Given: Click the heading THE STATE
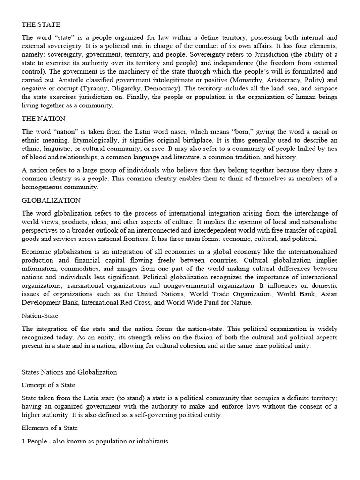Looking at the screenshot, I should (x=41, y=24).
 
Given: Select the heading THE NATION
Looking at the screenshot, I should (x=44, y=119).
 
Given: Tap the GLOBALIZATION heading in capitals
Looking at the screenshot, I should (x=51, y=200).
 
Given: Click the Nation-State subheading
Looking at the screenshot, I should (x=40, y=316).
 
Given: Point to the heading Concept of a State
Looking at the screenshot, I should (x=49, y=384).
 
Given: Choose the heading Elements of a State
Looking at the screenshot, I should (x=50, y=427).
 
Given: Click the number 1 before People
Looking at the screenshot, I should (x=23, y=441).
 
